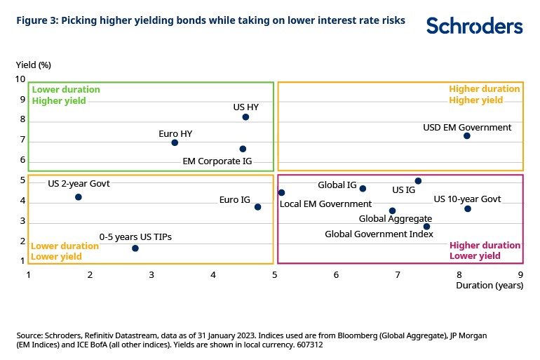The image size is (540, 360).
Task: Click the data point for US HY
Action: tap(245, 117)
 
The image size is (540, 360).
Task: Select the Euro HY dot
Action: tap(175, 142)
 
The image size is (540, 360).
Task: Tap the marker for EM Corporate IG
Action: tap(243, 149)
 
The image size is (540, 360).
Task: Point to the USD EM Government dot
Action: tap(467, 135)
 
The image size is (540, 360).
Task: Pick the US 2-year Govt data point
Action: tap(79, 197)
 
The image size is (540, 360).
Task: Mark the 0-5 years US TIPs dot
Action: tap(135, 248)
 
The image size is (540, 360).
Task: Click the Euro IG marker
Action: tap(258, 207)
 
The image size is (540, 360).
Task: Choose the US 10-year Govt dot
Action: tap(468, 208)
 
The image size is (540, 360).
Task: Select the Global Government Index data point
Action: tap(426, 227)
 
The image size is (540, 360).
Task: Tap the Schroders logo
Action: tap(474, 27)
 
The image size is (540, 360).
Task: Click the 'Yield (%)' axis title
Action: tap(34, 65)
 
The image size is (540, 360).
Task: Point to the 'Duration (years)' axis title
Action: tap(490, 286)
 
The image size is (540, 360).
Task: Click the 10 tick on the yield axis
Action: tap(20, 79)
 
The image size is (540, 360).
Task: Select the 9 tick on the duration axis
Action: tap(520, 276)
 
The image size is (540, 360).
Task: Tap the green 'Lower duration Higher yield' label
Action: tap(66, 95)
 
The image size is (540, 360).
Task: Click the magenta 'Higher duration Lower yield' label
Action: tap(485, 251)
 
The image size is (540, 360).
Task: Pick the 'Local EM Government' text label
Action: tap(325, 204)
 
